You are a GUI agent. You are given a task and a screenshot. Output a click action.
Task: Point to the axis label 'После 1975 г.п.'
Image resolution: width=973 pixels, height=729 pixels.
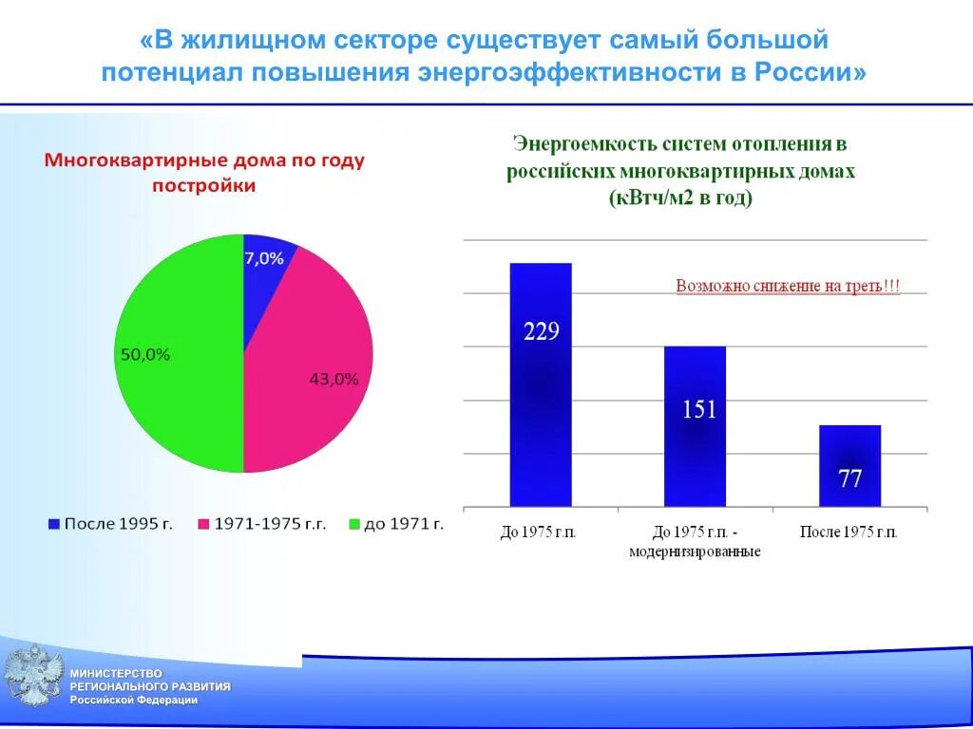click(849, 532)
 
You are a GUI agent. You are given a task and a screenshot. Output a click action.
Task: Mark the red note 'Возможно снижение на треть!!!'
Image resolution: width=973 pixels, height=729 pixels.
click(788, 286)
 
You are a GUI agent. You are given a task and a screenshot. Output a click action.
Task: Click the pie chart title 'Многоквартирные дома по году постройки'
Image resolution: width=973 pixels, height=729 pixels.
click(204, 173)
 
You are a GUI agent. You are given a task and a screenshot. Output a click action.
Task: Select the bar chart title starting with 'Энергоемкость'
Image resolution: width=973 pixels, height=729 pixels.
click(680, 171)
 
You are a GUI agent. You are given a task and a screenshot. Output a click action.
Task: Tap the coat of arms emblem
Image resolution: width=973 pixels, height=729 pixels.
click(33, 676)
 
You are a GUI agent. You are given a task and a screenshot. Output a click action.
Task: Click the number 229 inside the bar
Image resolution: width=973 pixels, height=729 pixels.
click(542, 332)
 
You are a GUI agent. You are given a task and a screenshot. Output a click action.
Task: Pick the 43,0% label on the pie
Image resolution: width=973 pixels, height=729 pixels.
click(334, 379)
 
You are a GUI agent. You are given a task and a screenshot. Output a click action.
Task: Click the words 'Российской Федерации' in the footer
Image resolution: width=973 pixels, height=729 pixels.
click(134, 700)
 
